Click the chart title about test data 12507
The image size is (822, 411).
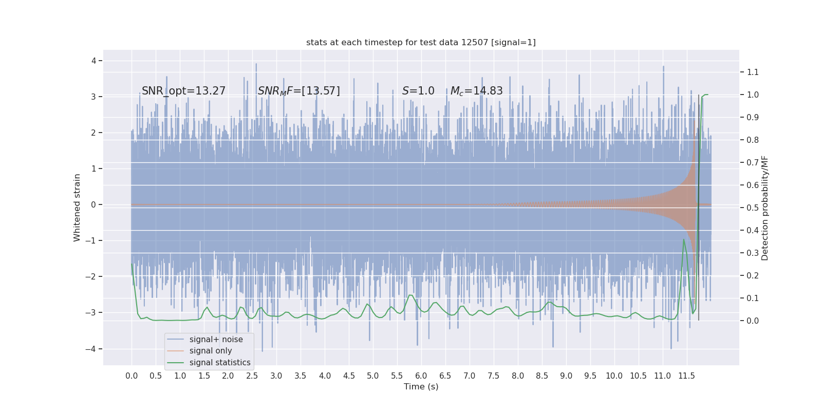point(421,43)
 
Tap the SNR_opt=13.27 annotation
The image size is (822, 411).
point(183,91)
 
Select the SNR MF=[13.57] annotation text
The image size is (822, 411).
point(298,91)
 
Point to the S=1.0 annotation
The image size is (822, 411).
point(418,91)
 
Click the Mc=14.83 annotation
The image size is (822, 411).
point(476,91)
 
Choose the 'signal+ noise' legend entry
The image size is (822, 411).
point(216,340)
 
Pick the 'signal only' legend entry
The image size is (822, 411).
point(211,351)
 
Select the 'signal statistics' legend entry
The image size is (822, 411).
point(220,363)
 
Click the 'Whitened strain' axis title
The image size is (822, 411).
point(77,208)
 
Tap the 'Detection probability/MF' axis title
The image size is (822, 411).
point(765,208)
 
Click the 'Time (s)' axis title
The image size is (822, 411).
point(421,387)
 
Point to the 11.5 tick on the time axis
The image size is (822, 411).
point(686,376)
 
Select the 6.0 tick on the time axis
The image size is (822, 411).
point(421,376)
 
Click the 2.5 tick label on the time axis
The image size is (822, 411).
point(252,376)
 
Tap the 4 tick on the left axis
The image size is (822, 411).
point(94,61)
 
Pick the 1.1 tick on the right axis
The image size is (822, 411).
point(753,72)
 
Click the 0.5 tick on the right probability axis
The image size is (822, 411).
point(753,208)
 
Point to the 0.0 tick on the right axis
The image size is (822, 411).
point(753,321)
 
